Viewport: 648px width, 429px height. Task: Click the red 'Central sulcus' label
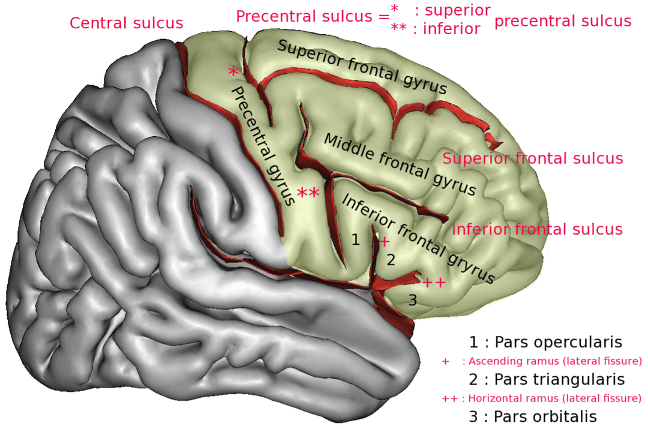point(126,23)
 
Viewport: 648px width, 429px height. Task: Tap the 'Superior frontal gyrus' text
point(362,68)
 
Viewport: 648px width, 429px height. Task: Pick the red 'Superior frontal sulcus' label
point(533,158)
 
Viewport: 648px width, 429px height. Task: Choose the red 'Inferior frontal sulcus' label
point(537,229)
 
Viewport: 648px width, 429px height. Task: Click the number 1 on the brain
point(356,241)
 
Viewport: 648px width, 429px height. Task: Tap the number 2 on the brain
point(390,260)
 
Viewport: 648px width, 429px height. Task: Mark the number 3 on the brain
point(412,299)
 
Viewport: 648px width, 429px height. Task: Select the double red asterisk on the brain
point(308,194)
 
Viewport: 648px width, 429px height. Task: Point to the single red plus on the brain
point(385,242)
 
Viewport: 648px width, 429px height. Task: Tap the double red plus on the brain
point(434,283)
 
